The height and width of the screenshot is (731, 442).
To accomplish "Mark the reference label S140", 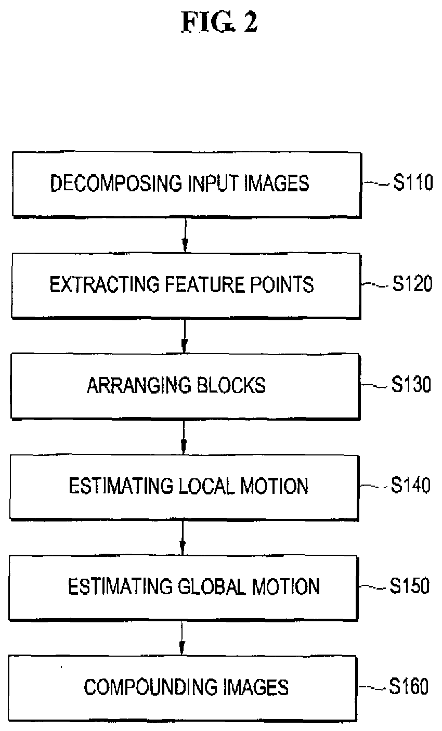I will coord(411,486).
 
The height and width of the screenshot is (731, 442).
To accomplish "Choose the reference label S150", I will coord(410,586).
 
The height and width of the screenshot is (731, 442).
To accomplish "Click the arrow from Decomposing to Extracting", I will coord(185,234).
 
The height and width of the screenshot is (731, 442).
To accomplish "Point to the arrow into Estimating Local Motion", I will coord(183,436).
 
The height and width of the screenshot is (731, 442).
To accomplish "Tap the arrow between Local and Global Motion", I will coord(183,537).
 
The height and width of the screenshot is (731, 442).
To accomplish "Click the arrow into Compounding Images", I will coord(181,637).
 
